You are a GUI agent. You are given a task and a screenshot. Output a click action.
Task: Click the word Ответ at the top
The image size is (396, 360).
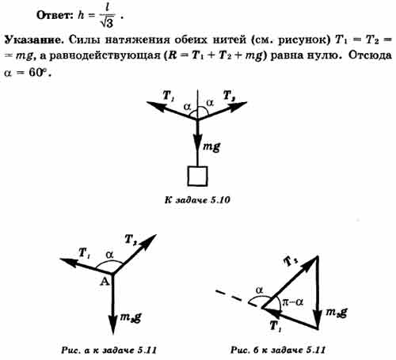click(55, 15)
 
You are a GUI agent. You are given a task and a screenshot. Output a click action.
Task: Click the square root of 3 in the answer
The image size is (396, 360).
click(108, 22)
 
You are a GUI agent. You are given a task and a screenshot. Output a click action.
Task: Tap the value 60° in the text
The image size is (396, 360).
click(40, 72)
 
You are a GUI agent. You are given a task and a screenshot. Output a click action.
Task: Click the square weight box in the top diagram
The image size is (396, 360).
click(197, 176)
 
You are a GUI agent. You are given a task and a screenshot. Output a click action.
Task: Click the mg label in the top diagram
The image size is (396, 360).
click(211, 146)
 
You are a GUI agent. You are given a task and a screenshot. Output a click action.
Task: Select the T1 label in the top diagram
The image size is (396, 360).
click(169, 95)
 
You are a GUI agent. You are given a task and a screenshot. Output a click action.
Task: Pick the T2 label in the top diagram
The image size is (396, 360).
click(229, 96)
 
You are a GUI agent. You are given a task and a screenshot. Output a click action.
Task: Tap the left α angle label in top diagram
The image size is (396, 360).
click(187, 107)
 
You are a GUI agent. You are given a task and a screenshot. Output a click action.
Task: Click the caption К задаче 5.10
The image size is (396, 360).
click(197, 199)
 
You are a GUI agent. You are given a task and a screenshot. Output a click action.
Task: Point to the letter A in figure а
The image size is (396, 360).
click(105, 282)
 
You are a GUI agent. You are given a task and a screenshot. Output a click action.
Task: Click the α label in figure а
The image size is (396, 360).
click(109, 255)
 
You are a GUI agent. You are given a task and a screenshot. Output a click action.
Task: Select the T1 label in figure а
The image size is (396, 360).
click(85, 253)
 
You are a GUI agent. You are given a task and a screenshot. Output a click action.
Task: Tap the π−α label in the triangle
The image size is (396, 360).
click(293, 302)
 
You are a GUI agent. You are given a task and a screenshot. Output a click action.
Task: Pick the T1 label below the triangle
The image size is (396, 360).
click(276, 326)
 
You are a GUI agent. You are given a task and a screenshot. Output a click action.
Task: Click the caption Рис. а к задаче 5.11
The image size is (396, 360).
click(109, 351)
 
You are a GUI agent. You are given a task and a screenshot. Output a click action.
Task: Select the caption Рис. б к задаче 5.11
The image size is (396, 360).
click(278, 351)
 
